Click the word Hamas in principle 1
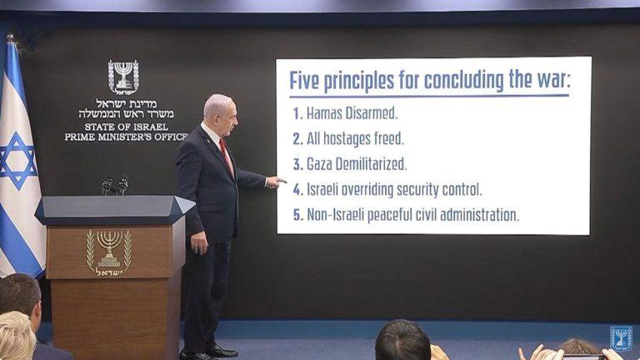(324, 112)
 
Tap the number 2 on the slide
(297, 138)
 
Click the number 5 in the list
(297, 215)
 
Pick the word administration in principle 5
(475, 215)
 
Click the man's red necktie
(227, 155)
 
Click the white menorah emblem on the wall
(123, 77)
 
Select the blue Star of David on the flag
(17, 160)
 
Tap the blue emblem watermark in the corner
(621, 337)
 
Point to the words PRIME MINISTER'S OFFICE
(125, 137)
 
